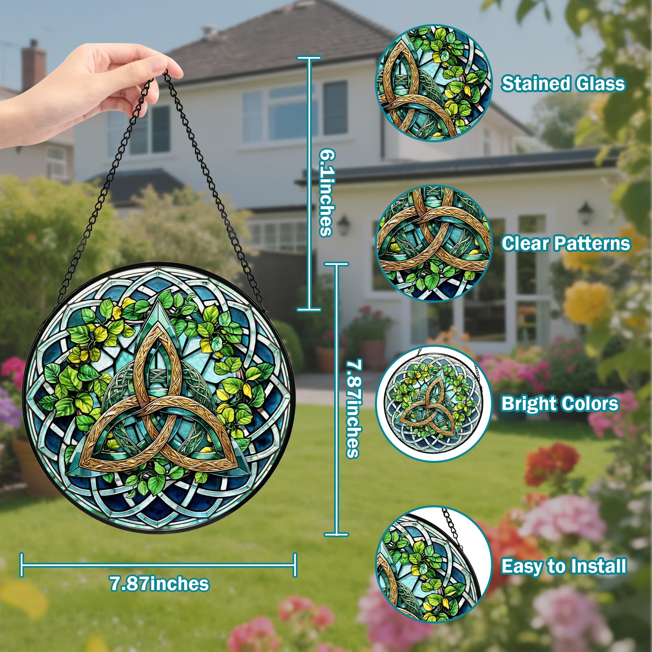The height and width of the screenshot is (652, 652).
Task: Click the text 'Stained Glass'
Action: point(563,84)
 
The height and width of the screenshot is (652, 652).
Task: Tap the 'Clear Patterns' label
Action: point(566,243)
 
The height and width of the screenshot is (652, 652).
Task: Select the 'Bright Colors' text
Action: point(560,403)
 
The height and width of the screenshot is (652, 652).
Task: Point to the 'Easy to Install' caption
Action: point(564,566)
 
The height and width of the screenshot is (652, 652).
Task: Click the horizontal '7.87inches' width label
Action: point(159,584)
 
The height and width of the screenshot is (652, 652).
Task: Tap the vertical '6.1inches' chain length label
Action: point(327,192)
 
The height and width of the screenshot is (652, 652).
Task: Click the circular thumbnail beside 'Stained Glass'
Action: point(434,83)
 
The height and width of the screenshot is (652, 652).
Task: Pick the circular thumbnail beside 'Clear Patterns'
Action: point(434,243)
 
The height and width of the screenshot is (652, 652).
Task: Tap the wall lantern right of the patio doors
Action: point(586,212)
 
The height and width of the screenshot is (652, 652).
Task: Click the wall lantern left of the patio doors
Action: point(343,225)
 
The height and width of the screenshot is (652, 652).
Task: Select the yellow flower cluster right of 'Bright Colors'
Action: point(587,302)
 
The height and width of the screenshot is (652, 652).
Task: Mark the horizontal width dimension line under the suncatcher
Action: point(159,565)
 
